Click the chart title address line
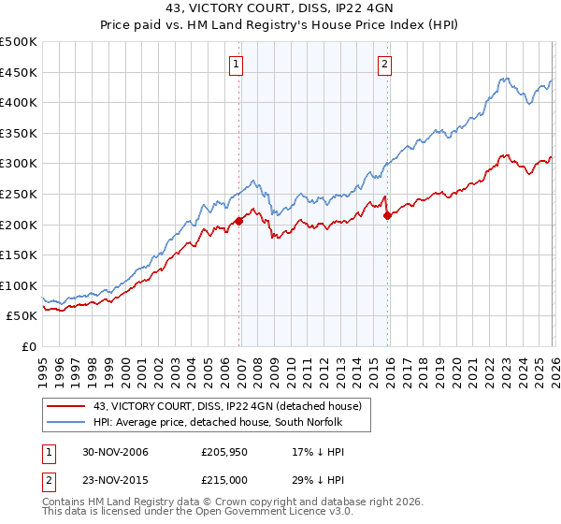(280, 10)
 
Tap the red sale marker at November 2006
(239, 221)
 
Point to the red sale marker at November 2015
(388, 215)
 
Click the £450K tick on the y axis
(19, 72)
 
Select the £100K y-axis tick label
(19, 285)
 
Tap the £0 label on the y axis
(29, 346)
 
